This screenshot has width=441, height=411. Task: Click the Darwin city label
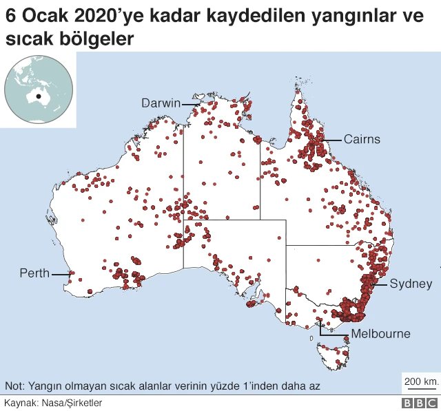click(161, 103)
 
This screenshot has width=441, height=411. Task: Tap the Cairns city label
click(362, 139)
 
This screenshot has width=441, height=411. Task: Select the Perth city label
click(34, 273)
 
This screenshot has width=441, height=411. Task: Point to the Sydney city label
click(411, 284)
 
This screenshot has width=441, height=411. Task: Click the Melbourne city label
click(380, 334)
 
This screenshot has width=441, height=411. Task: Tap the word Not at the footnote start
click(13, 385)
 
